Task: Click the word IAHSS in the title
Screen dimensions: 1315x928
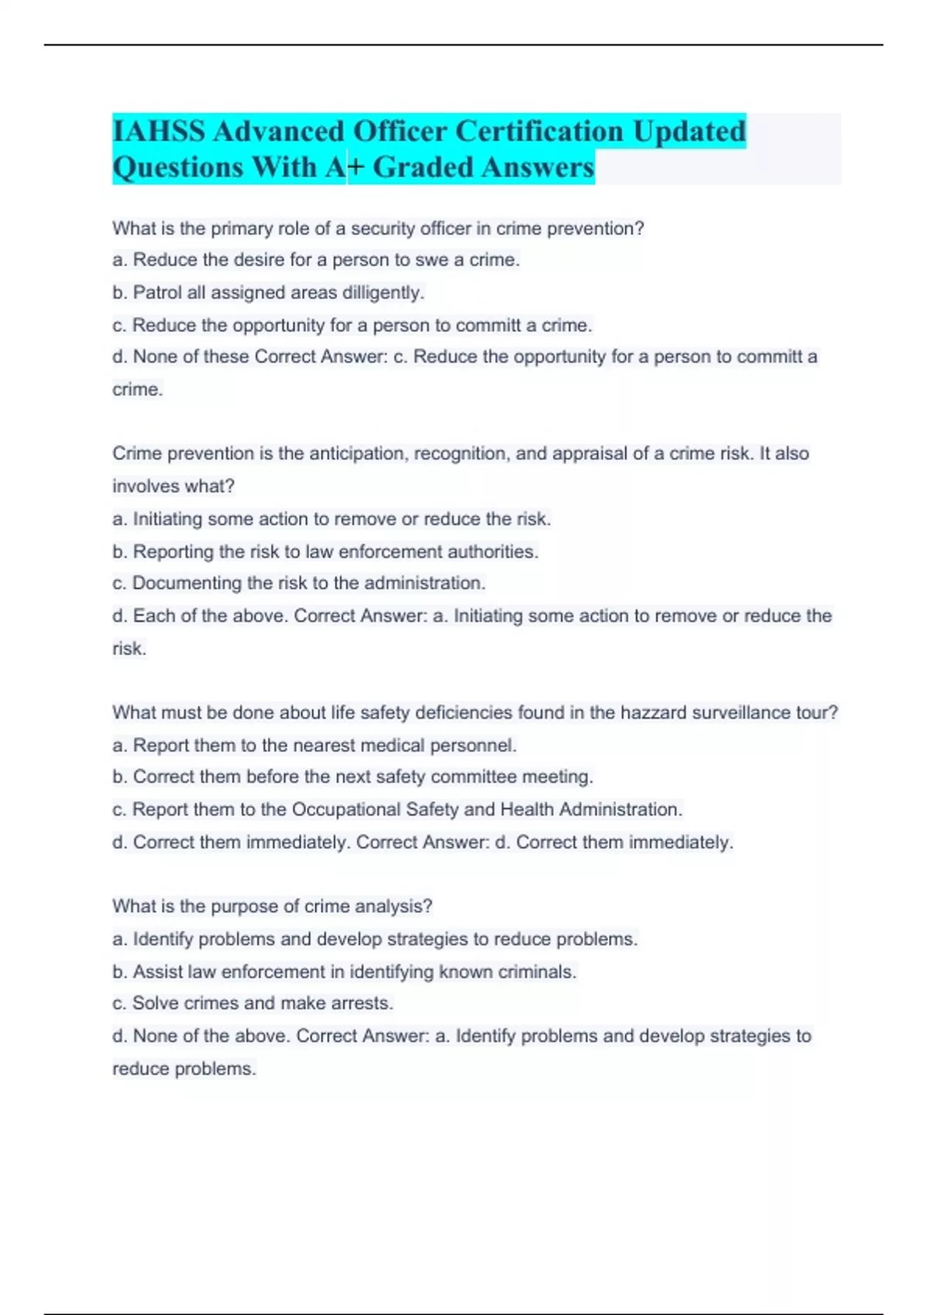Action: [159, 131]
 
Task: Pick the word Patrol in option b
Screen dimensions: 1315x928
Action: [158, 292]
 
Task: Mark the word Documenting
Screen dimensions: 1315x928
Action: [186, 582]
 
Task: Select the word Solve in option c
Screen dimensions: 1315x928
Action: [156, 1003]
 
